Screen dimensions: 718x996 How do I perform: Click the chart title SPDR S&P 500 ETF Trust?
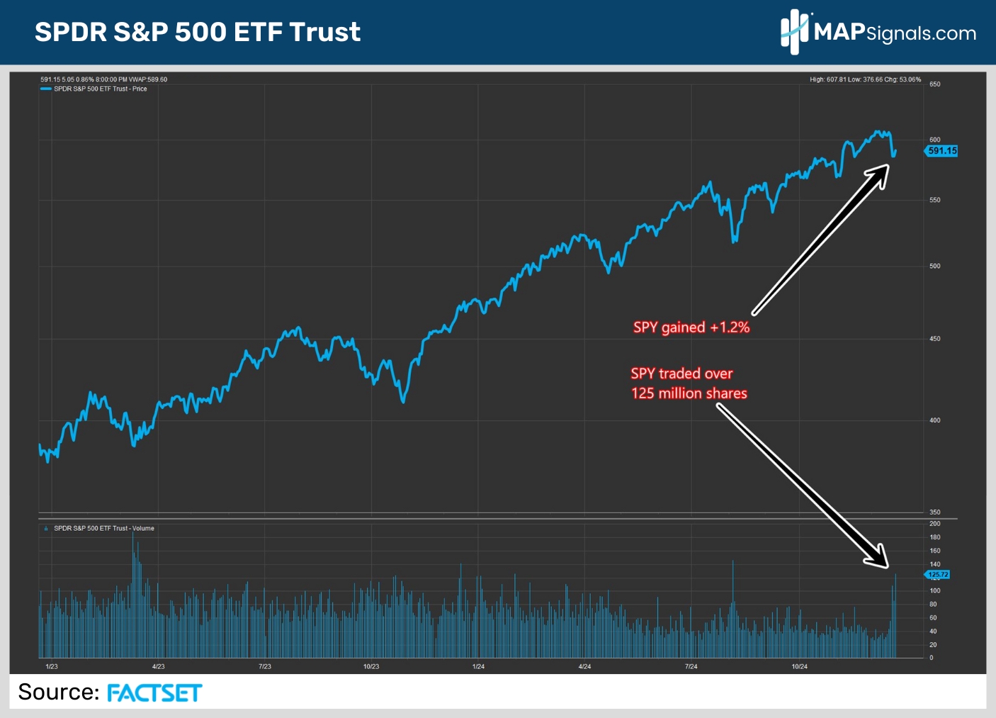click(x=198, y=32)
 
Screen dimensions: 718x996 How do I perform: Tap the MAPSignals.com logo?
click(x=878, y=32)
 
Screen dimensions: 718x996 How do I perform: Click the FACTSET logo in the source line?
click(x=154, y=692)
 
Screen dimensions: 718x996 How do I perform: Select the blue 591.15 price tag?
click(x=941, y=151)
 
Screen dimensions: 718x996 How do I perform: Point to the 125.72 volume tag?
click(x=938, y=574)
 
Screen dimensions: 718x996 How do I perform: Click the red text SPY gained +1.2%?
click(x=691, y=327)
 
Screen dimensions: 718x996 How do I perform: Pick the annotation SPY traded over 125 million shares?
click(x=689, y=383)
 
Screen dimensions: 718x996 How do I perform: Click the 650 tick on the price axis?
click(x=935, y=84)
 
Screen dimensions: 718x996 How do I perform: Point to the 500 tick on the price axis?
click(x=935, y=267)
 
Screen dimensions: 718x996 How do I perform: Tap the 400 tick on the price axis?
click(x=935, y=420)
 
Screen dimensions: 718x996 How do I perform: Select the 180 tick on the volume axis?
click(x=935, y=537)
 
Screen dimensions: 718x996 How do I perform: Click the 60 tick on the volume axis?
click(x=933, y=618)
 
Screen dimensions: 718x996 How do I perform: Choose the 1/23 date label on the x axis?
click(x=52, y=667)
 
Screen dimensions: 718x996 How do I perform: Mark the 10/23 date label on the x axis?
click(x=371, y=667)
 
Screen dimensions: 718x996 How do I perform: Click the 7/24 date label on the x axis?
click(x=691, y=667)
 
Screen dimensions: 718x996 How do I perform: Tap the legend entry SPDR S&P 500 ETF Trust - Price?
click(x=100, y=89)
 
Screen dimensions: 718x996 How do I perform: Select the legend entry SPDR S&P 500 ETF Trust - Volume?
click(x=103, y=529)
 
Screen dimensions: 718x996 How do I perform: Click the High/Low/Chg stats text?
click(x=865, y=79)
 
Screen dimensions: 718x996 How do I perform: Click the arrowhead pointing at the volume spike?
click(x=879, y=558)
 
